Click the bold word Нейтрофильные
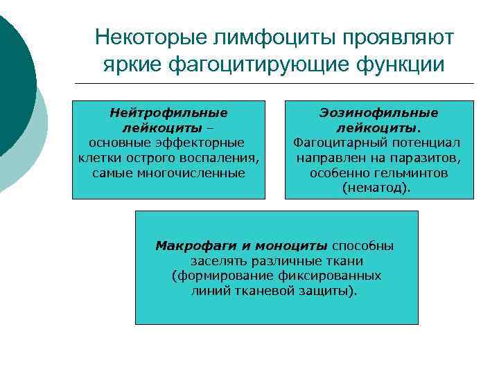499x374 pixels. point(168,112)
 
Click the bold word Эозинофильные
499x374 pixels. point(378,112)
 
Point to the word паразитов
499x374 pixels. point(428,157)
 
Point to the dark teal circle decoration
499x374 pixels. point(14,76)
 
